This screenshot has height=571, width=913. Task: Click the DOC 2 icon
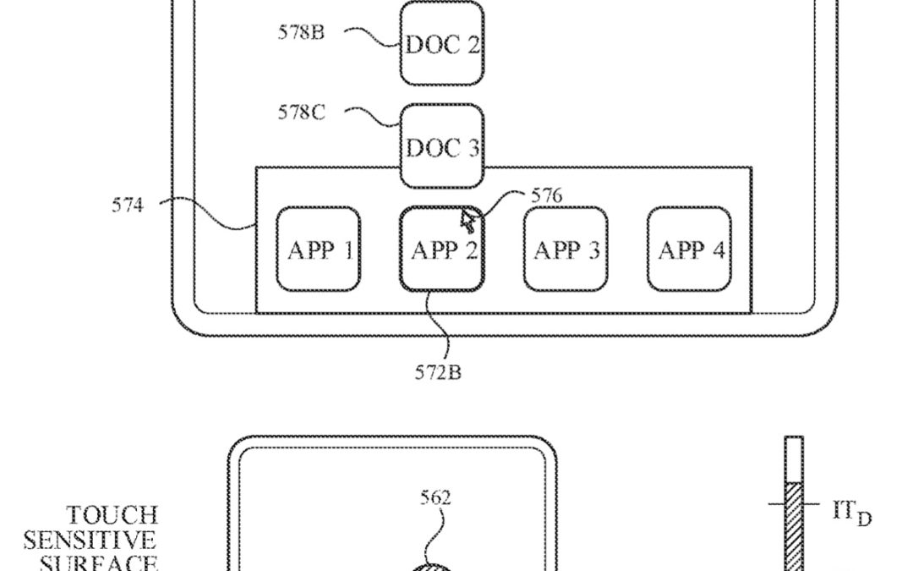[x=442, y=44]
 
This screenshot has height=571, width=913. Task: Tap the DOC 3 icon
[x=442, y=146]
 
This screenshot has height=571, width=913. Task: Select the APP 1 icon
[x=319, y=250]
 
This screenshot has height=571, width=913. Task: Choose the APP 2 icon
[x=441, y=250]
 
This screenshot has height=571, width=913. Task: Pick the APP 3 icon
[x=566, y=250]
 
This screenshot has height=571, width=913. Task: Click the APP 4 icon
[x=690, y=250]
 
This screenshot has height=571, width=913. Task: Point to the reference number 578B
[x=301, y=33]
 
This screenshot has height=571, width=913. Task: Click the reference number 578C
[x=301, y=113]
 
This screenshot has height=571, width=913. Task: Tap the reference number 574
[x=128, y=204]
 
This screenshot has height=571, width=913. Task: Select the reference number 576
[x=546, y=196]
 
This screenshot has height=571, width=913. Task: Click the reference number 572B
[x=438, y=372]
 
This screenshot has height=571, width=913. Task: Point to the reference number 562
[x=435, y=498]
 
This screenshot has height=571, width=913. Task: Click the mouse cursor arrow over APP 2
[x=467, y=221]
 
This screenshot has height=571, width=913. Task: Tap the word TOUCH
[x=112, y=515]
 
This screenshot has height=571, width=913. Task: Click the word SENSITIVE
[x=90, y=540]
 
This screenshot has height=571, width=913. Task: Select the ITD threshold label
[x=850, y=513]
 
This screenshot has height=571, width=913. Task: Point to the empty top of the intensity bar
[x=794, y=458]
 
